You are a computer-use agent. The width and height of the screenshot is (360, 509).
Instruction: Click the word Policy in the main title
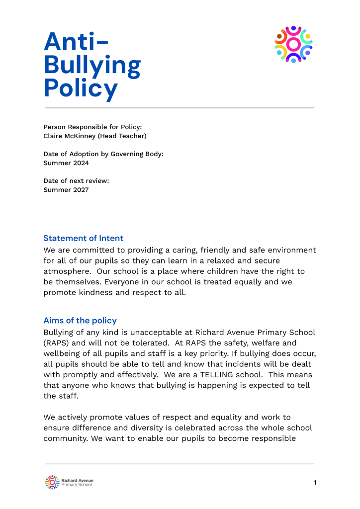pos(81,88)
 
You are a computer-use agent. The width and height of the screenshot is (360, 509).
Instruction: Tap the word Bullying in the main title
pos(92,65)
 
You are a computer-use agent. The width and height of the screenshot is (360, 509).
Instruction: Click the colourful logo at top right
pos(293,44)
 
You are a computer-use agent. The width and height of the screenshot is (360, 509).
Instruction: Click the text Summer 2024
pos(66,163)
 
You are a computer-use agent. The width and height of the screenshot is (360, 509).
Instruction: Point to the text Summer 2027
pos(66,189)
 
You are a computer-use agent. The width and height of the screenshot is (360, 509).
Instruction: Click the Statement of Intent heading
pos(84,238)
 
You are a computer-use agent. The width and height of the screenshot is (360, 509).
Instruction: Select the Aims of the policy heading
pos(80,320)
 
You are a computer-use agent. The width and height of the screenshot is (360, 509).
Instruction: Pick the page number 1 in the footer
pos(315,482)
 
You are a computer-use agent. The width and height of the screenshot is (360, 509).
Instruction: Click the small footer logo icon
pos(52,482)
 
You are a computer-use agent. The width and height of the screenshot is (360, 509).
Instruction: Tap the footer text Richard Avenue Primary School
pos(77,482)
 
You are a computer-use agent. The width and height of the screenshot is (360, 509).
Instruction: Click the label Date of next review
pos(76,180)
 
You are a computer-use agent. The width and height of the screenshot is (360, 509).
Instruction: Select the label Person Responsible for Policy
pos(92,127)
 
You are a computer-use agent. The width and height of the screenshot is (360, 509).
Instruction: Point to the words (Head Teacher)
pos(123,136)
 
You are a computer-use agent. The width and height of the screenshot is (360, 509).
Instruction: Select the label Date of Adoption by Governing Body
pos(103,154)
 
